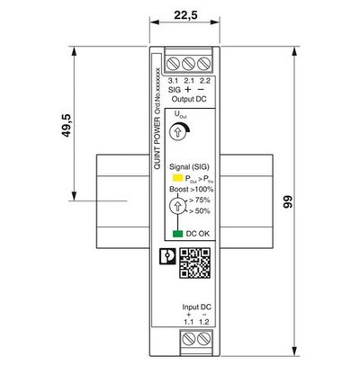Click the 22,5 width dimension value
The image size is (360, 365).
(x=186, y=14)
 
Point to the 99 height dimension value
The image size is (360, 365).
(x=314, y=203)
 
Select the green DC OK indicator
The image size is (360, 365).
(x=177, y=234)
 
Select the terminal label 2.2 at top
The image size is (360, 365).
(x=205, y=81)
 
